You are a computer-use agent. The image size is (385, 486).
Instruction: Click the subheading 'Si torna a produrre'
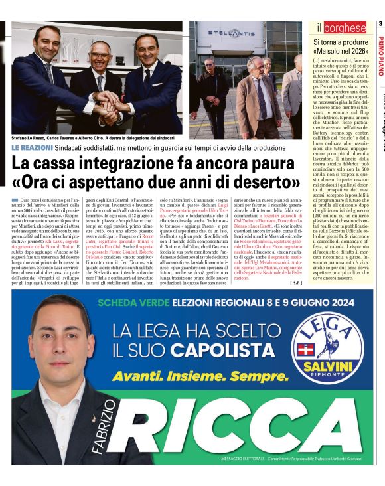[x=339, y=42]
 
